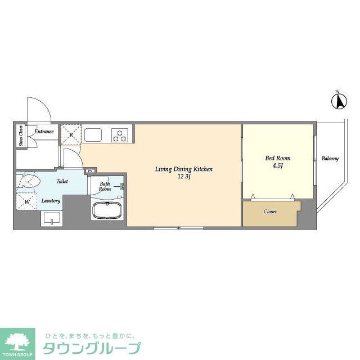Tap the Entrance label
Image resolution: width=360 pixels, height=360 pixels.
pos(44,132)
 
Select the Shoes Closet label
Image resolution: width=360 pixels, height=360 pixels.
pos(21,136)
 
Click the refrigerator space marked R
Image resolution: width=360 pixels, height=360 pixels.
pos(71,135)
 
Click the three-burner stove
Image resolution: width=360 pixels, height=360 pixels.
pos(120,135)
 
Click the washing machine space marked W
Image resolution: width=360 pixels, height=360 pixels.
pos(26,201)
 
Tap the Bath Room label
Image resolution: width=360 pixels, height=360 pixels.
pos(105,187)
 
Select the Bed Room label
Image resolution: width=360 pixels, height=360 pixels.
pos(277,158)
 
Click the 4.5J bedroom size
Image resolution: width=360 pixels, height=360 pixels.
pos(277,166)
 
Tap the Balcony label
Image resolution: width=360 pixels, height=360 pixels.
pos(330,159)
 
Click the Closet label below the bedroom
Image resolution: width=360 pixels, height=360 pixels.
pos(270,212)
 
